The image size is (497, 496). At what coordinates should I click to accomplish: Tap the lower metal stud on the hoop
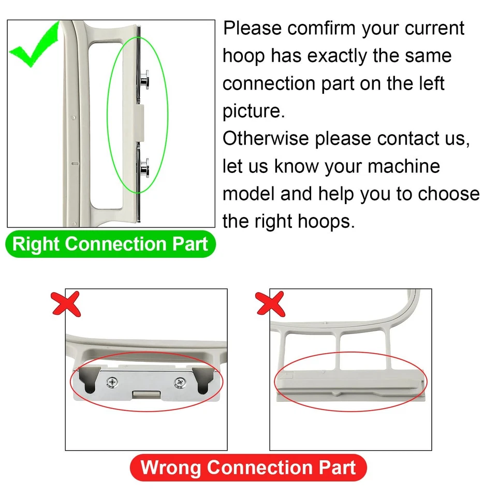click(144, 167)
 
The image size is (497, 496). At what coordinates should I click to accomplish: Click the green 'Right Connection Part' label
click(110, 244)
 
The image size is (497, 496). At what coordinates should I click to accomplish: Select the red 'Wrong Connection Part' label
click(248, 468)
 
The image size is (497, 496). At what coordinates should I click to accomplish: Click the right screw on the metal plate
click(179, 383)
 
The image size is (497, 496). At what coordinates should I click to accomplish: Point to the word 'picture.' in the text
click(254, 112)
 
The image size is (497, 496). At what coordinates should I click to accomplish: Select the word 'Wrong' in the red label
click(170, 468)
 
